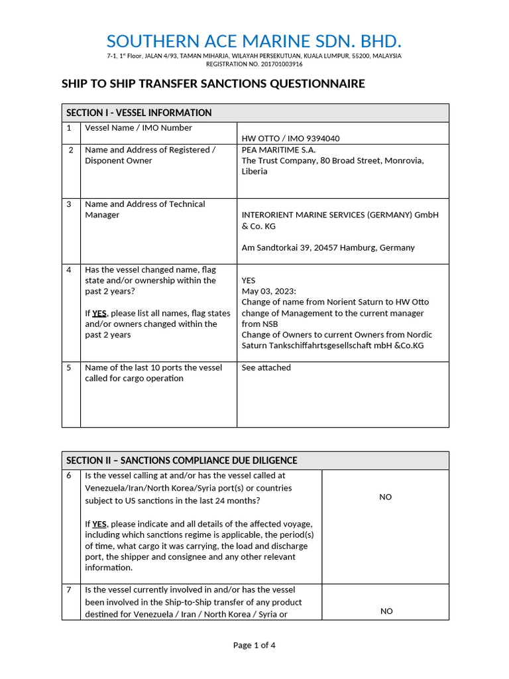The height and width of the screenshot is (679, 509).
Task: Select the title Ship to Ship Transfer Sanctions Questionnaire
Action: point(213,84)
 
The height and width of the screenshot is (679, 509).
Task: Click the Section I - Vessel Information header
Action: point(139,113)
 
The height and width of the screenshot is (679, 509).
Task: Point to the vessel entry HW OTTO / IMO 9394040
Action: point(290,139)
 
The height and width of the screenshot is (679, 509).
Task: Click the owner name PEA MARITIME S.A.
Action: point(278,150)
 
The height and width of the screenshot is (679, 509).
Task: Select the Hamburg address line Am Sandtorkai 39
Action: point(328,247)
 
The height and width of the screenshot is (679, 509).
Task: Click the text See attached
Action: point(266,367)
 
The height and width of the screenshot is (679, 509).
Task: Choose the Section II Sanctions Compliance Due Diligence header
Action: point(182,460)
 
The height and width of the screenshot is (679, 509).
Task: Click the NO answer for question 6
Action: point(386,497)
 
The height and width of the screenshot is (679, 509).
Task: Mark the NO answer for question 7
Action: point(386,611)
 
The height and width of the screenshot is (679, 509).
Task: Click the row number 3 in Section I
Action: point(69,204)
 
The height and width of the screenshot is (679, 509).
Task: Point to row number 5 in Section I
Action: point(69,367)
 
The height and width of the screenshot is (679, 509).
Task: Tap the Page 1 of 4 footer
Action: point(254,645)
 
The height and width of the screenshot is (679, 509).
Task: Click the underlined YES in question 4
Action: point(99,313)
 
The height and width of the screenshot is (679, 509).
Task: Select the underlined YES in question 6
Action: point(99,524)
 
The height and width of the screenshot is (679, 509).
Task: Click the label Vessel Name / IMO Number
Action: point(139,127)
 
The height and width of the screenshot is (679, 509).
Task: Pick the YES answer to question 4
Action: point(249,280)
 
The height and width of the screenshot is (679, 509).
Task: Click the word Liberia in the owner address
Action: point(254,171)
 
